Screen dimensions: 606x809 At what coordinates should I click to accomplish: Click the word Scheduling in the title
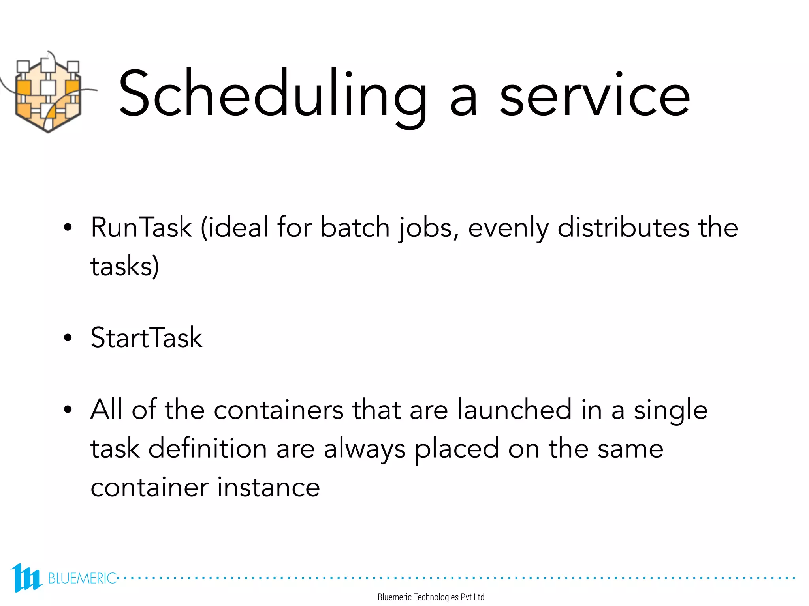click(x=273, y=95)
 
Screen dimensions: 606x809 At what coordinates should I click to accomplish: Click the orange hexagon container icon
click(x=48, y=95)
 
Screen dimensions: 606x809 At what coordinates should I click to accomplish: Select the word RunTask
click(x=141, y=228)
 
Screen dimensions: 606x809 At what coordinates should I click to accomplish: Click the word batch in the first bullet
click(x=355, y=228)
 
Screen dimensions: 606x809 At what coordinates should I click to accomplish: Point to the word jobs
click(x=429, y=229)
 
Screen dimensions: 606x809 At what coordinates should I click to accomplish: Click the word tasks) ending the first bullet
click(x=125, y=267)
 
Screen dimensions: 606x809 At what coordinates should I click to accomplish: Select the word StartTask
click(x=146, y=338)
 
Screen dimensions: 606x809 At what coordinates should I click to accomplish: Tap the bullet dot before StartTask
click(x=68, y=338)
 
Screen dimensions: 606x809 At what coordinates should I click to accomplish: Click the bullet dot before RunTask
click(x=68, y=228)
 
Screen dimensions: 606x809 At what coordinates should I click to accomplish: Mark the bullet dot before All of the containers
click(x=68, y=410)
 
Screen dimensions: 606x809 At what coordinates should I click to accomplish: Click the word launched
click(x=514, y=410)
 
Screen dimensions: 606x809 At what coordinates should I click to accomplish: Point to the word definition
click(x=207, y=449)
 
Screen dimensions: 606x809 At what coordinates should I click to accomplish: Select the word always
click(x=364, y=450)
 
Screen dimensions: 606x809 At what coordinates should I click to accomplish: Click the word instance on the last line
click(x=269, y=487)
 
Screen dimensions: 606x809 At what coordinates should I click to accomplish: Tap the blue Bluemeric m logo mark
click(x=26, y=578)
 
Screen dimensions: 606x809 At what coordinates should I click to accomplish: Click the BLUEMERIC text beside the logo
click(x=82, y=578)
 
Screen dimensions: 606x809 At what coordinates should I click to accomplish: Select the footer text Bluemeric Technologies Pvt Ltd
click(x=431, y=597)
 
